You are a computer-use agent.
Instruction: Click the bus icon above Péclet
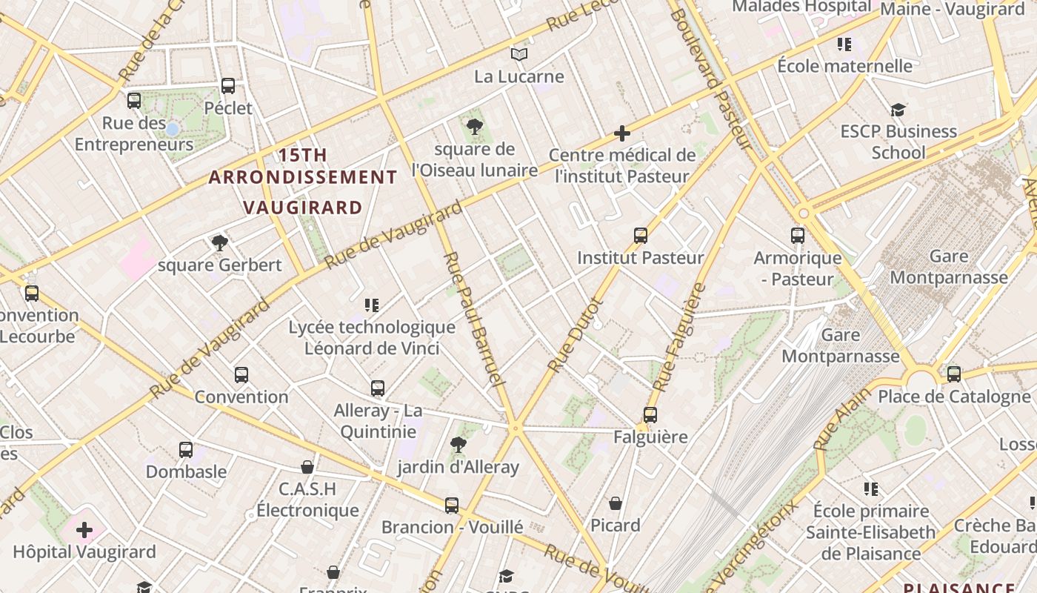(x=228, y=86)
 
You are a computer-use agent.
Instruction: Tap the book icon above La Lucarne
(x=519, y=54)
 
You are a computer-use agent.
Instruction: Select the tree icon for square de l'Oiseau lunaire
(x=475, y=127)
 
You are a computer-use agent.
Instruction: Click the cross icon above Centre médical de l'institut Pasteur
(x=622, y=133)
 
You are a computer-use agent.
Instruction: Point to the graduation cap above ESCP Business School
(x=898, y=110)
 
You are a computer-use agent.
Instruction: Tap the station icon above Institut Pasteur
(x=641, y=236)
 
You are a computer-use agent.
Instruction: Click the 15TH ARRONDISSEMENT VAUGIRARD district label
(x=302, y=181)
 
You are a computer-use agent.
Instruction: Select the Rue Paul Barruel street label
(x=473, y=319)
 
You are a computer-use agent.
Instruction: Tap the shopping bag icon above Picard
(x=616, y=504)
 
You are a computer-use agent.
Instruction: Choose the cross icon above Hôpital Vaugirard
(x=84, y=530)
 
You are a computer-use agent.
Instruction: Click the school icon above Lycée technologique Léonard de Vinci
(x=372, y=305)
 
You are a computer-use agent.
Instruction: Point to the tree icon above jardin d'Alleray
(x=459, y=445)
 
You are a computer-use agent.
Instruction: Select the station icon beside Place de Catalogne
(x=954, y=374)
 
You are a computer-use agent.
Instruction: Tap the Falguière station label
(x=650, y=437)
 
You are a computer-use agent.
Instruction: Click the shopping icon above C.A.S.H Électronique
(x=307, y=467)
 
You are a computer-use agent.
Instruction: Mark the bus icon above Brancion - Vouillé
(x=452, y=506)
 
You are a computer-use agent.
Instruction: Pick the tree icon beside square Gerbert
(x=219, y=242)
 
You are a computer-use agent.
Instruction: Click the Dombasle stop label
(x=186, y=471)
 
